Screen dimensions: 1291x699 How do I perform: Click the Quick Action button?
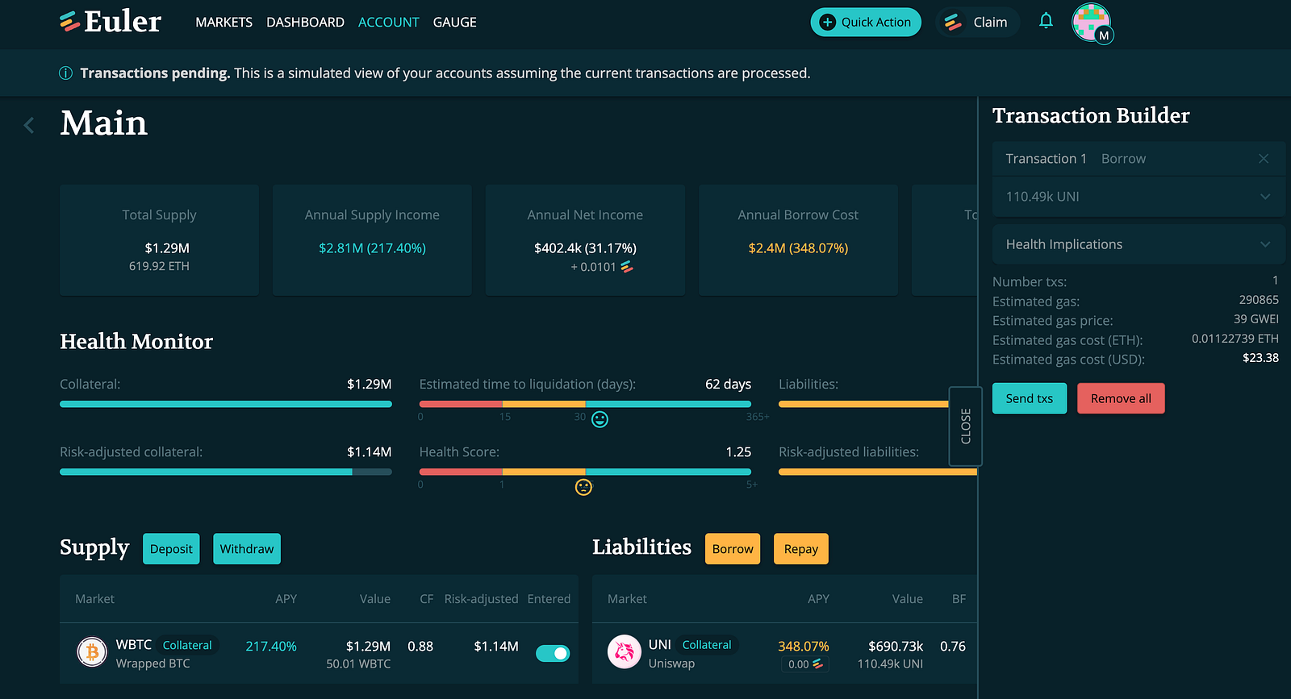866,22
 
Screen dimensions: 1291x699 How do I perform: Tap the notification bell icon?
1046,21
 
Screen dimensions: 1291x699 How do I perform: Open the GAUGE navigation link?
455,22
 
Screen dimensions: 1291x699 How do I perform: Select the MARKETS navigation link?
224,22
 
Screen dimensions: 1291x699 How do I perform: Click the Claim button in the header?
977,22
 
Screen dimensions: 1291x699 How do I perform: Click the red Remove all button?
1121,397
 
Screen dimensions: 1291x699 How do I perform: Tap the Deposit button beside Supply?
171,549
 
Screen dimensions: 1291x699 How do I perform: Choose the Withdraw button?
247,549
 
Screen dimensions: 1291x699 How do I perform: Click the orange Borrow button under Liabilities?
733,549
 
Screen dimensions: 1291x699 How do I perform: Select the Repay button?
800,549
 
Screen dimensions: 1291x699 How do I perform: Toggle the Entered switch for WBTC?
553,653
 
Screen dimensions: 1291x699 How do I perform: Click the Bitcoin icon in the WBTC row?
92,651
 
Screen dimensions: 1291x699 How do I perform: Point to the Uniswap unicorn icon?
625,651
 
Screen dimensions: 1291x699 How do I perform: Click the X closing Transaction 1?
1264,158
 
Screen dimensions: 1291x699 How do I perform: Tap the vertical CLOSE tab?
965,426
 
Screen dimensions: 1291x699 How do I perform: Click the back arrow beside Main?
29,125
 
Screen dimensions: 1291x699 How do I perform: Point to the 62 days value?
728,384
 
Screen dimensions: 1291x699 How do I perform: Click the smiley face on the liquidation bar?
600,419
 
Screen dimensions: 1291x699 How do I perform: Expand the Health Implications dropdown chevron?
1265,244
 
